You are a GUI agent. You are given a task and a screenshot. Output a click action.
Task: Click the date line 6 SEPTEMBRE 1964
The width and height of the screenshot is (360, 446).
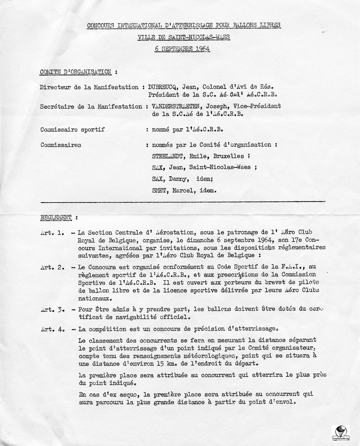click(182, 49)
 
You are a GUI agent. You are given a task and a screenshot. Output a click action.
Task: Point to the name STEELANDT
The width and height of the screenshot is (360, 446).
click(167, 156)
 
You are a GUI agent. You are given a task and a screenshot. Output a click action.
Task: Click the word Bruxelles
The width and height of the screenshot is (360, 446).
click(229, 156)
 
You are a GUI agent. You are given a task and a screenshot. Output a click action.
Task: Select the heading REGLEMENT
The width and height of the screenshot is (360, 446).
click(56, 217)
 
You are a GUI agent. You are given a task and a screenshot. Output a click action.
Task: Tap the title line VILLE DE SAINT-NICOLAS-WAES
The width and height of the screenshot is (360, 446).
click(184, 37)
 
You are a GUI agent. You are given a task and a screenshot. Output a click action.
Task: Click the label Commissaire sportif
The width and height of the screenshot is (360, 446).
click(73, 129)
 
